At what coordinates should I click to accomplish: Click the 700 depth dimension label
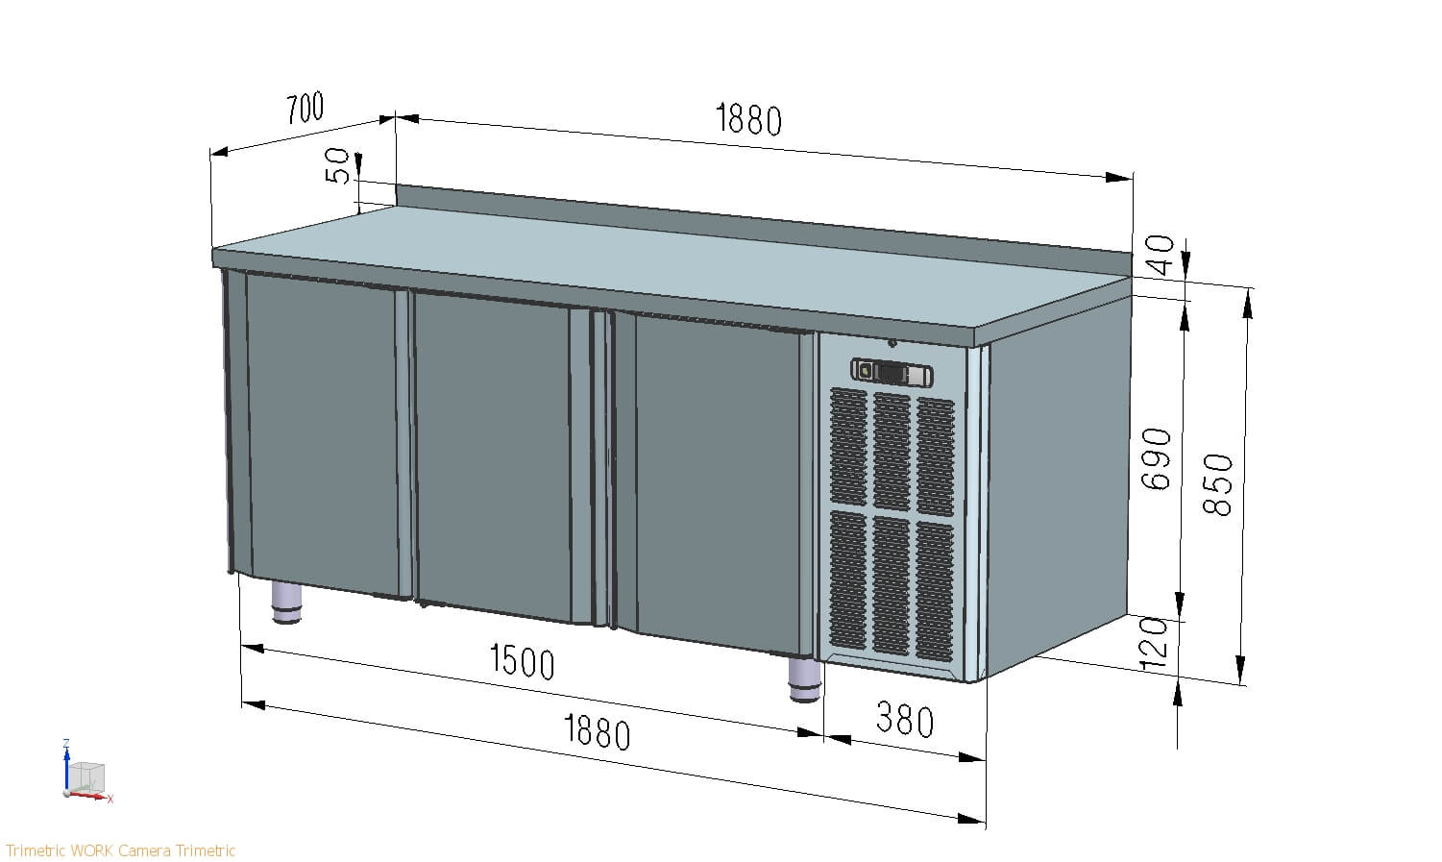tap(306, 109)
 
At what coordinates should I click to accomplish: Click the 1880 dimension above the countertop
tap(748, 119)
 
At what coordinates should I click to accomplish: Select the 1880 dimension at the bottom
tap(597, 732)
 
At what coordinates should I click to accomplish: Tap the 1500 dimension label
tap(522, 662)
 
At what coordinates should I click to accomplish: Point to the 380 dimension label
tap(904, 720)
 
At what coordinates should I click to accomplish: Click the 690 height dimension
tap(1158, 459)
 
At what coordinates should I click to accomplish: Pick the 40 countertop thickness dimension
tap(1161, 256)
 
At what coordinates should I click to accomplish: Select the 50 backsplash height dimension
tap(337, 165)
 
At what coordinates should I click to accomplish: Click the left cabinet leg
tap(286, 603)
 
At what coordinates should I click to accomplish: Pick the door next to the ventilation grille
tap(711, 480)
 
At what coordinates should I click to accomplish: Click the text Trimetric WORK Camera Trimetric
tap(120, 850)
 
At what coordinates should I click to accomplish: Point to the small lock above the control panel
tap(892, 343)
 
